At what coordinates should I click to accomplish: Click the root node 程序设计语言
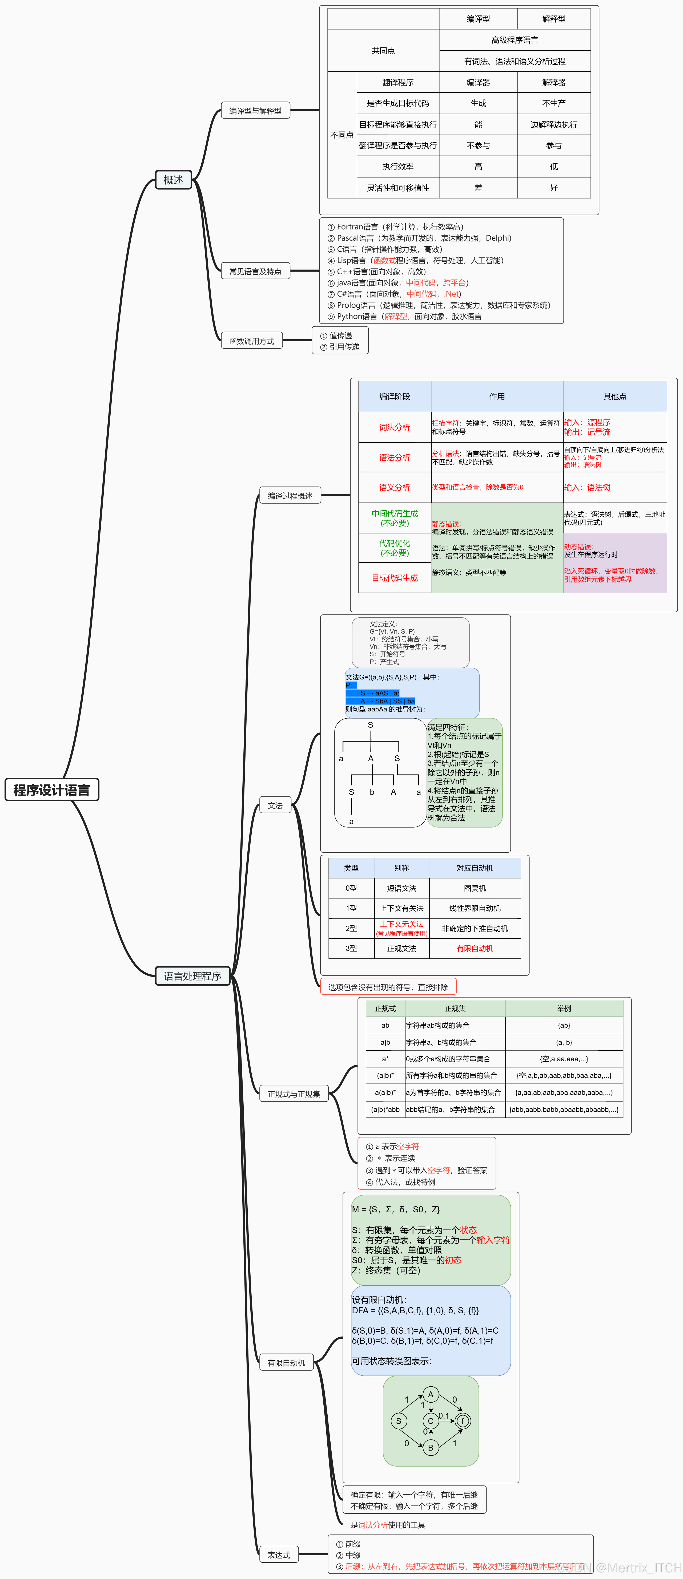51,789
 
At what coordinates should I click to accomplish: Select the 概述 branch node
174,180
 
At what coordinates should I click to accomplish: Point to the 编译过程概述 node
290,495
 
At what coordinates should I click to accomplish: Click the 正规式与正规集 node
294,1094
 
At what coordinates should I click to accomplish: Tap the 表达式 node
279,1554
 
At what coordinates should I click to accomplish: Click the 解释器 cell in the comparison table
554,82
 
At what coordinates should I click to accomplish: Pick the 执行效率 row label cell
398,166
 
